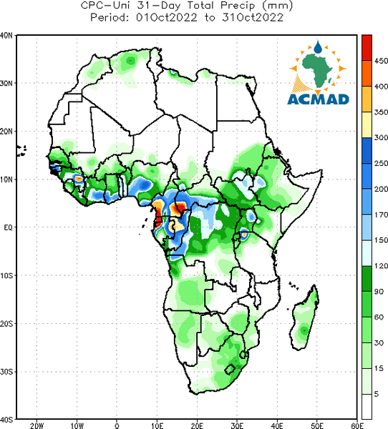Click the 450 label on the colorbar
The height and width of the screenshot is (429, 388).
(x=381, y=61)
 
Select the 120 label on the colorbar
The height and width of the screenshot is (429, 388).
(x=381, y=266)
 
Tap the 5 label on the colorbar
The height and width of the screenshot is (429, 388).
(x=377, y=394)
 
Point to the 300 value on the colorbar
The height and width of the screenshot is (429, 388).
(x=381, y=137)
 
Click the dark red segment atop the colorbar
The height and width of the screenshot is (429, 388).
(x=367, y=48)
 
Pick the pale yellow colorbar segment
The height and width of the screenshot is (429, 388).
(x=367, y=124)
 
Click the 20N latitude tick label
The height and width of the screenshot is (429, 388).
(x=6, y=132)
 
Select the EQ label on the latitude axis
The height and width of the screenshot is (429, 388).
(x=8, y=227)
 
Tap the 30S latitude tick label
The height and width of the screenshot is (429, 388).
(x=6, y=372)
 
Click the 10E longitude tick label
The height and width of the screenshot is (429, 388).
(x=157, y=425)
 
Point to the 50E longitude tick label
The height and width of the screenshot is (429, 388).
(x=317, y=425)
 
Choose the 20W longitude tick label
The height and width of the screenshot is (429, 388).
(x=37, y=425)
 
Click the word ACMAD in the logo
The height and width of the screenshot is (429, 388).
(x=318, y=99)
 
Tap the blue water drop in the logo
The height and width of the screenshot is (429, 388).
(x=318, y=47)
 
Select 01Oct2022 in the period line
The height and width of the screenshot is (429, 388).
(x=167, y=17)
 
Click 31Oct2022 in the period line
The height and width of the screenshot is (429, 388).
(x=253, y=17)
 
